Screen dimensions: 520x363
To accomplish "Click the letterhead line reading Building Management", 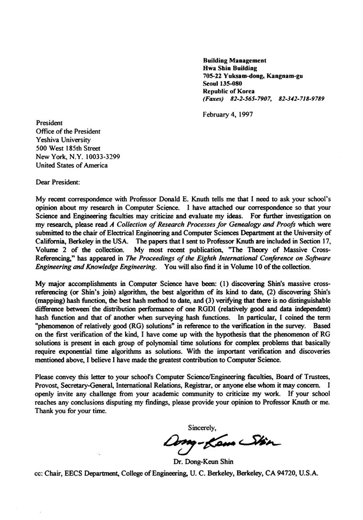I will (x=235, y=61).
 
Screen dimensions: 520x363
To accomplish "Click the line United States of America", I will (x=72, y=165).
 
